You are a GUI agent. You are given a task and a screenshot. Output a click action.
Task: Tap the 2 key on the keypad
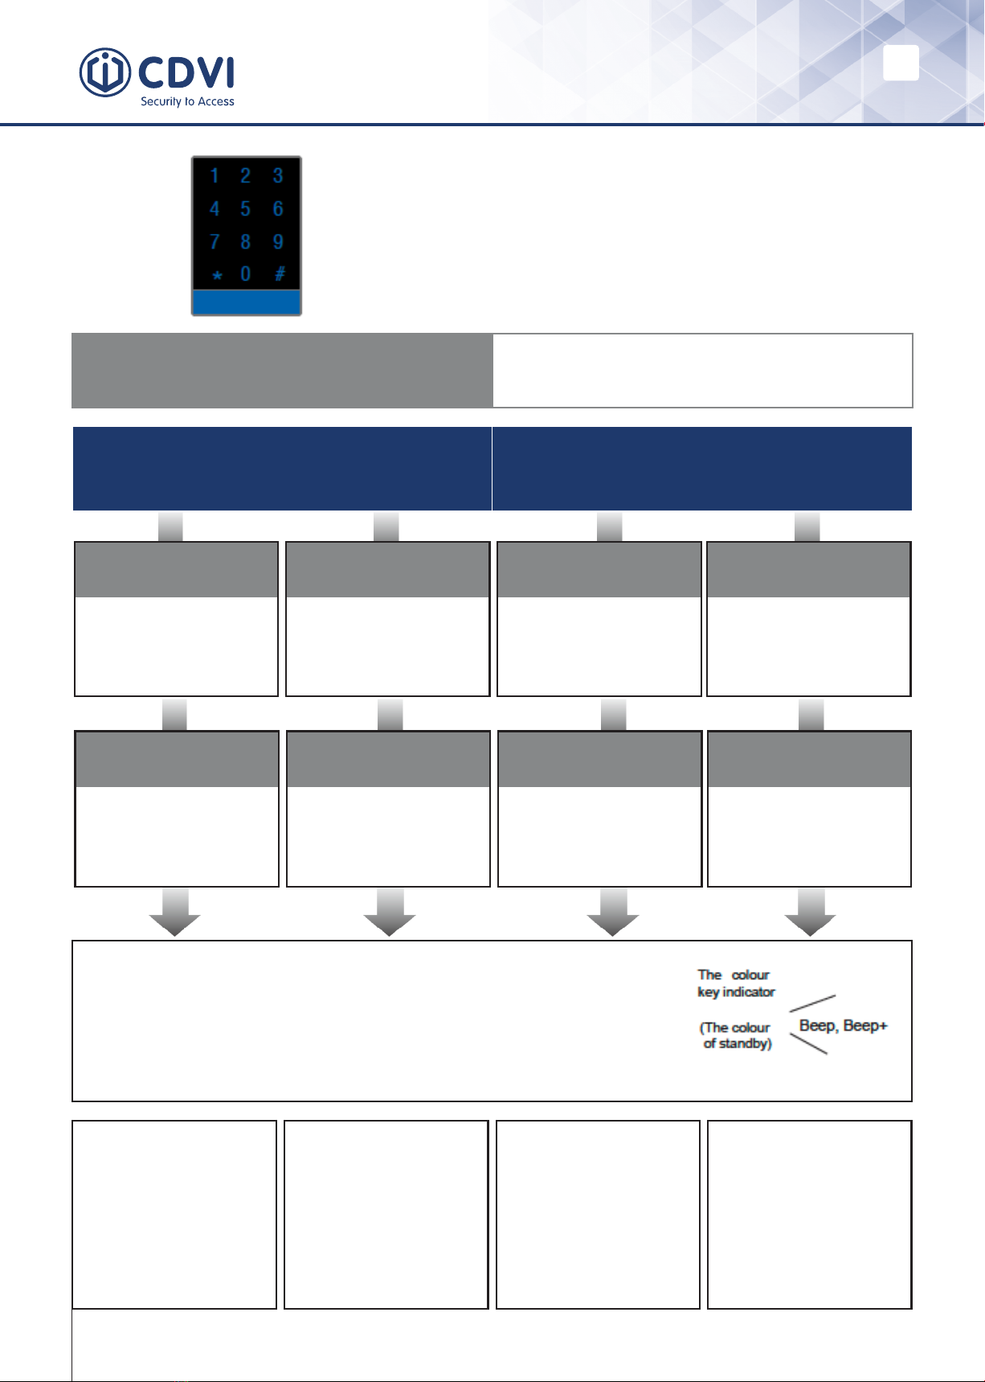pyautogui.click(x=245, y=176)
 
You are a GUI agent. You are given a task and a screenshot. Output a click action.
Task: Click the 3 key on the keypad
pyautogui.click(x=278, y=176)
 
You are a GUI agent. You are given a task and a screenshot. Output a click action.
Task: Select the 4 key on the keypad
pyautogui.click(x=215, y=209)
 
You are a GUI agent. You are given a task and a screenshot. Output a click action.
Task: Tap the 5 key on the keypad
pyautogui.click(x=245, y=209)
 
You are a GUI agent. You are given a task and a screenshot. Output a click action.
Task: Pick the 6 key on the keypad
pyautogui.click(x=278, y=209)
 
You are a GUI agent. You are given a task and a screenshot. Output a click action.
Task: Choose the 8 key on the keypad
pyautogui.click(x=245, y=242)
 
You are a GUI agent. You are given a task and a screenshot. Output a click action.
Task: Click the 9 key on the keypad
pyautogui.click(x=278, y=242)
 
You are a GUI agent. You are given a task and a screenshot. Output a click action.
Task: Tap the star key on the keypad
pyautogui.click(x=216, y=276)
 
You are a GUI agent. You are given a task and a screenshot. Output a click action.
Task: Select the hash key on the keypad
pyautogui.click(x=280, y=274)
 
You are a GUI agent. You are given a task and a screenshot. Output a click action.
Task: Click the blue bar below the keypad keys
pyautogui.click(x=246, y=302)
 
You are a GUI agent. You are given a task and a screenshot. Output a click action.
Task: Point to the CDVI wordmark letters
pyautogui.click(x=186, y=72)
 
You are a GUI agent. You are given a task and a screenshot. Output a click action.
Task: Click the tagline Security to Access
pyautogui.click(x=187, y=102)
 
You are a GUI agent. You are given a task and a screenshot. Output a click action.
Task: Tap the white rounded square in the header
pyautogui.click(x=901, y=63)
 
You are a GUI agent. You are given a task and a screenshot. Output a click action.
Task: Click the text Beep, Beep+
pyautogui.click(x=844, y=1026)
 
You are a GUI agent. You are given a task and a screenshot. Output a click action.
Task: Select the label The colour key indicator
pyautogui.click(x=736, y=983)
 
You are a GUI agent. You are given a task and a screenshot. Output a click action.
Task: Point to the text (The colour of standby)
pyautogui.click(x=737, y=1035)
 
